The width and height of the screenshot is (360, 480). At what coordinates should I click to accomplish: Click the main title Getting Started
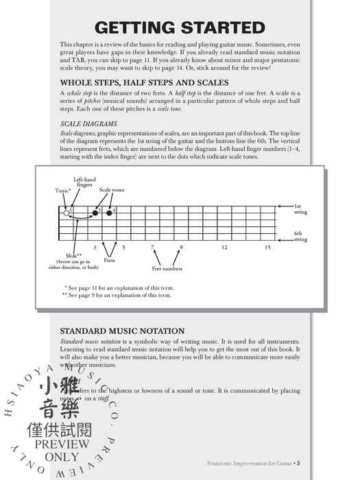(180, 27)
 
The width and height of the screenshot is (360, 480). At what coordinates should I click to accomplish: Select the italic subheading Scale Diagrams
(88, 124)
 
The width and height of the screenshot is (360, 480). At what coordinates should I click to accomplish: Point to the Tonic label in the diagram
(64, 190)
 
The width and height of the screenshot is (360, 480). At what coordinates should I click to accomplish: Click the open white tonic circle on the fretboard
(67, 213)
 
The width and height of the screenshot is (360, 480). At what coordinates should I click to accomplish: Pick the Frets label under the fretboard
(109, 261)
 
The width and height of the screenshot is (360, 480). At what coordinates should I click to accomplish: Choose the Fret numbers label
(167, 268)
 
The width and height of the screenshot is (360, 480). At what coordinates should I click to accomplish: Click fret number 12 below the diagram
(224, 247)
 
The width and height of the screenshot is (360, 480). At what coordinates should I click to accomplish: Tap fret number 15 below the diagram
(267, 247)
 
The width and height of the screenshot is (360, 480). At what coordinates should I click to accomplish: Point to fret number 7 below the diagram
(152, 247)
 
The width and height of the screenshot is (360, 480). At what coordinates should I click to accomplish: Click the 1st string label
(300, 208)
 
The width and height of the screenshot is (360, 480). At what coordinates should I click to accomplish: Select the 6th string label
(300, 237)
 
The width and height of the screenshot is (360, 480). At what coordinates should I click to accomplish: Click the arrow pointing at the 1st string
(284, 206)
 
